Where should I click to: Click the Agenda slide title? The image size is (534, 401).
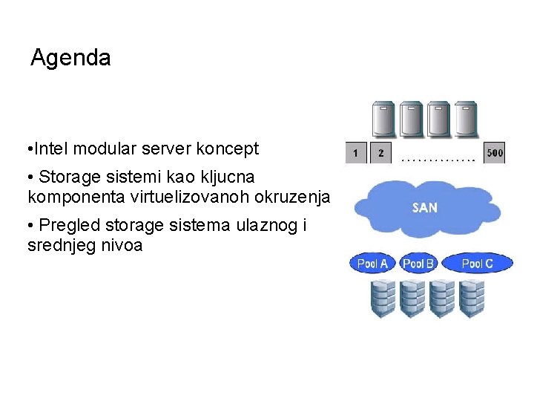70,58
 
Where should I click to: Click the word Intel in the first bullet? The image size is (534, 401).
50,149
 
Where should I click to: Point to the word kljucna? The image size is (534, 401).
222,177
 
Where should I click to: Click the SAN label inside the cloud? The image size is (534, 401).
424,207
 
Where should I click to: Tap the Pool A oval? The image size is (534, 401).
372,263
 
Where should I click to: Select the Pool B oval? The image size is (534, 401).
418,263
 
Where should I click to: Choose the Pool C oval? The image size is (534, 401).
476,263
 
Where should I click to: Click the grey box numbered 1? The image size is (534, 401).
356,153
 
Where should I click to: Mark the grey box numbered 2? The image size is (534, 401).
381,153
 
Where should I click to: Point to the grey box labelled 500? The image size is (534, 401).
495,153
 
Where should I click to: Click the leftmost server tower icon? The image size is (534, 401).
383,119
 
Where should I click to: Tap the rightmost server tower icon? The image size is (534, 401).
466,119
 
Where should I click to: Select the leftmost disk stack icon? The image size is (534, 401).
383,298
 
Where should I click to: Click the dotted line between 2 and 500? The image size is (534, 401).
438,158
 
